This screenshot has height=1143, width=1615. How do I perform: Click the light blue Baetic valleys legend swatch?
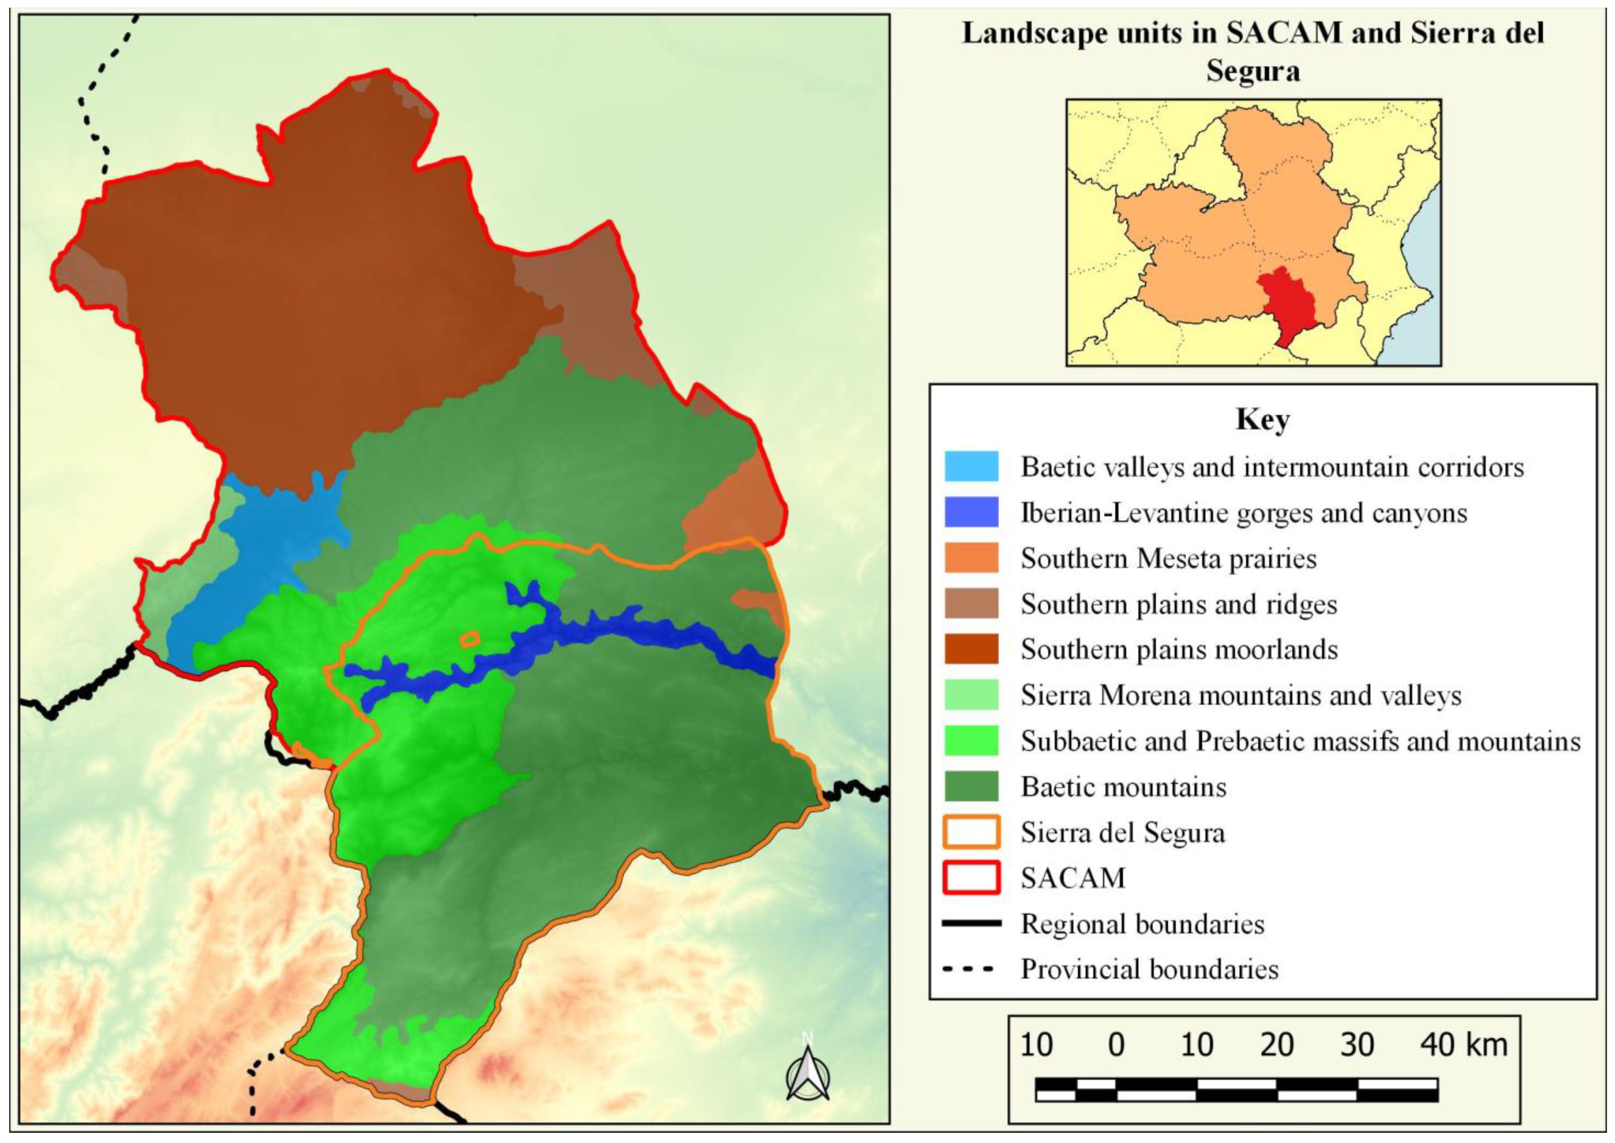971,467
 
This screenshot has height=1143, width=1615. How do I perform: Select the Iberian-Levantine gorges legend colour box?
971,512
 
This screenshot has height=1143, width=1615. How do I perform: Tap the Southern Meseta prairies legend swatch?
971,558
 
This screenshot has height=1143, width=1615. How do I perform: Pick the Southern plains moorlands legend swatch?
971,649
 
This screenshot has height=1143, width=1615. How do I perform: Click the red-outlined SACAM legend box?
971,878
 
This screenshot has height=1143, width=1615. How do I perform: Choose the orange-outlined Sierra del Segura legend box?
971,832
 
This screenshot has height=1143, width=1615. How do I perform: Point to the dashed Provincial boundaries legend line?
971,969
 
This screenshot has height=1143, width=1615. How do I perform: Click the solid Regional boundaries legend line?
971,923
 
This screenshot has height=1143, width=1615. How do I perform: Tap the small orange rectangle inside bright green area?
469,639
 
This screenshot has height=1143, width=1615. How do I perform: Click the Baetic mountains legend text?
1124,787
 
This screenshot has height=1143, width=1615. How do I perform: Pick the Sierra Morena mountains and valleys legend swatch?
971,695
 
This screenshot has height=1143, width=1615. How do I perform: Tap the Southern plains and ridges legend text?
1178,604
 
